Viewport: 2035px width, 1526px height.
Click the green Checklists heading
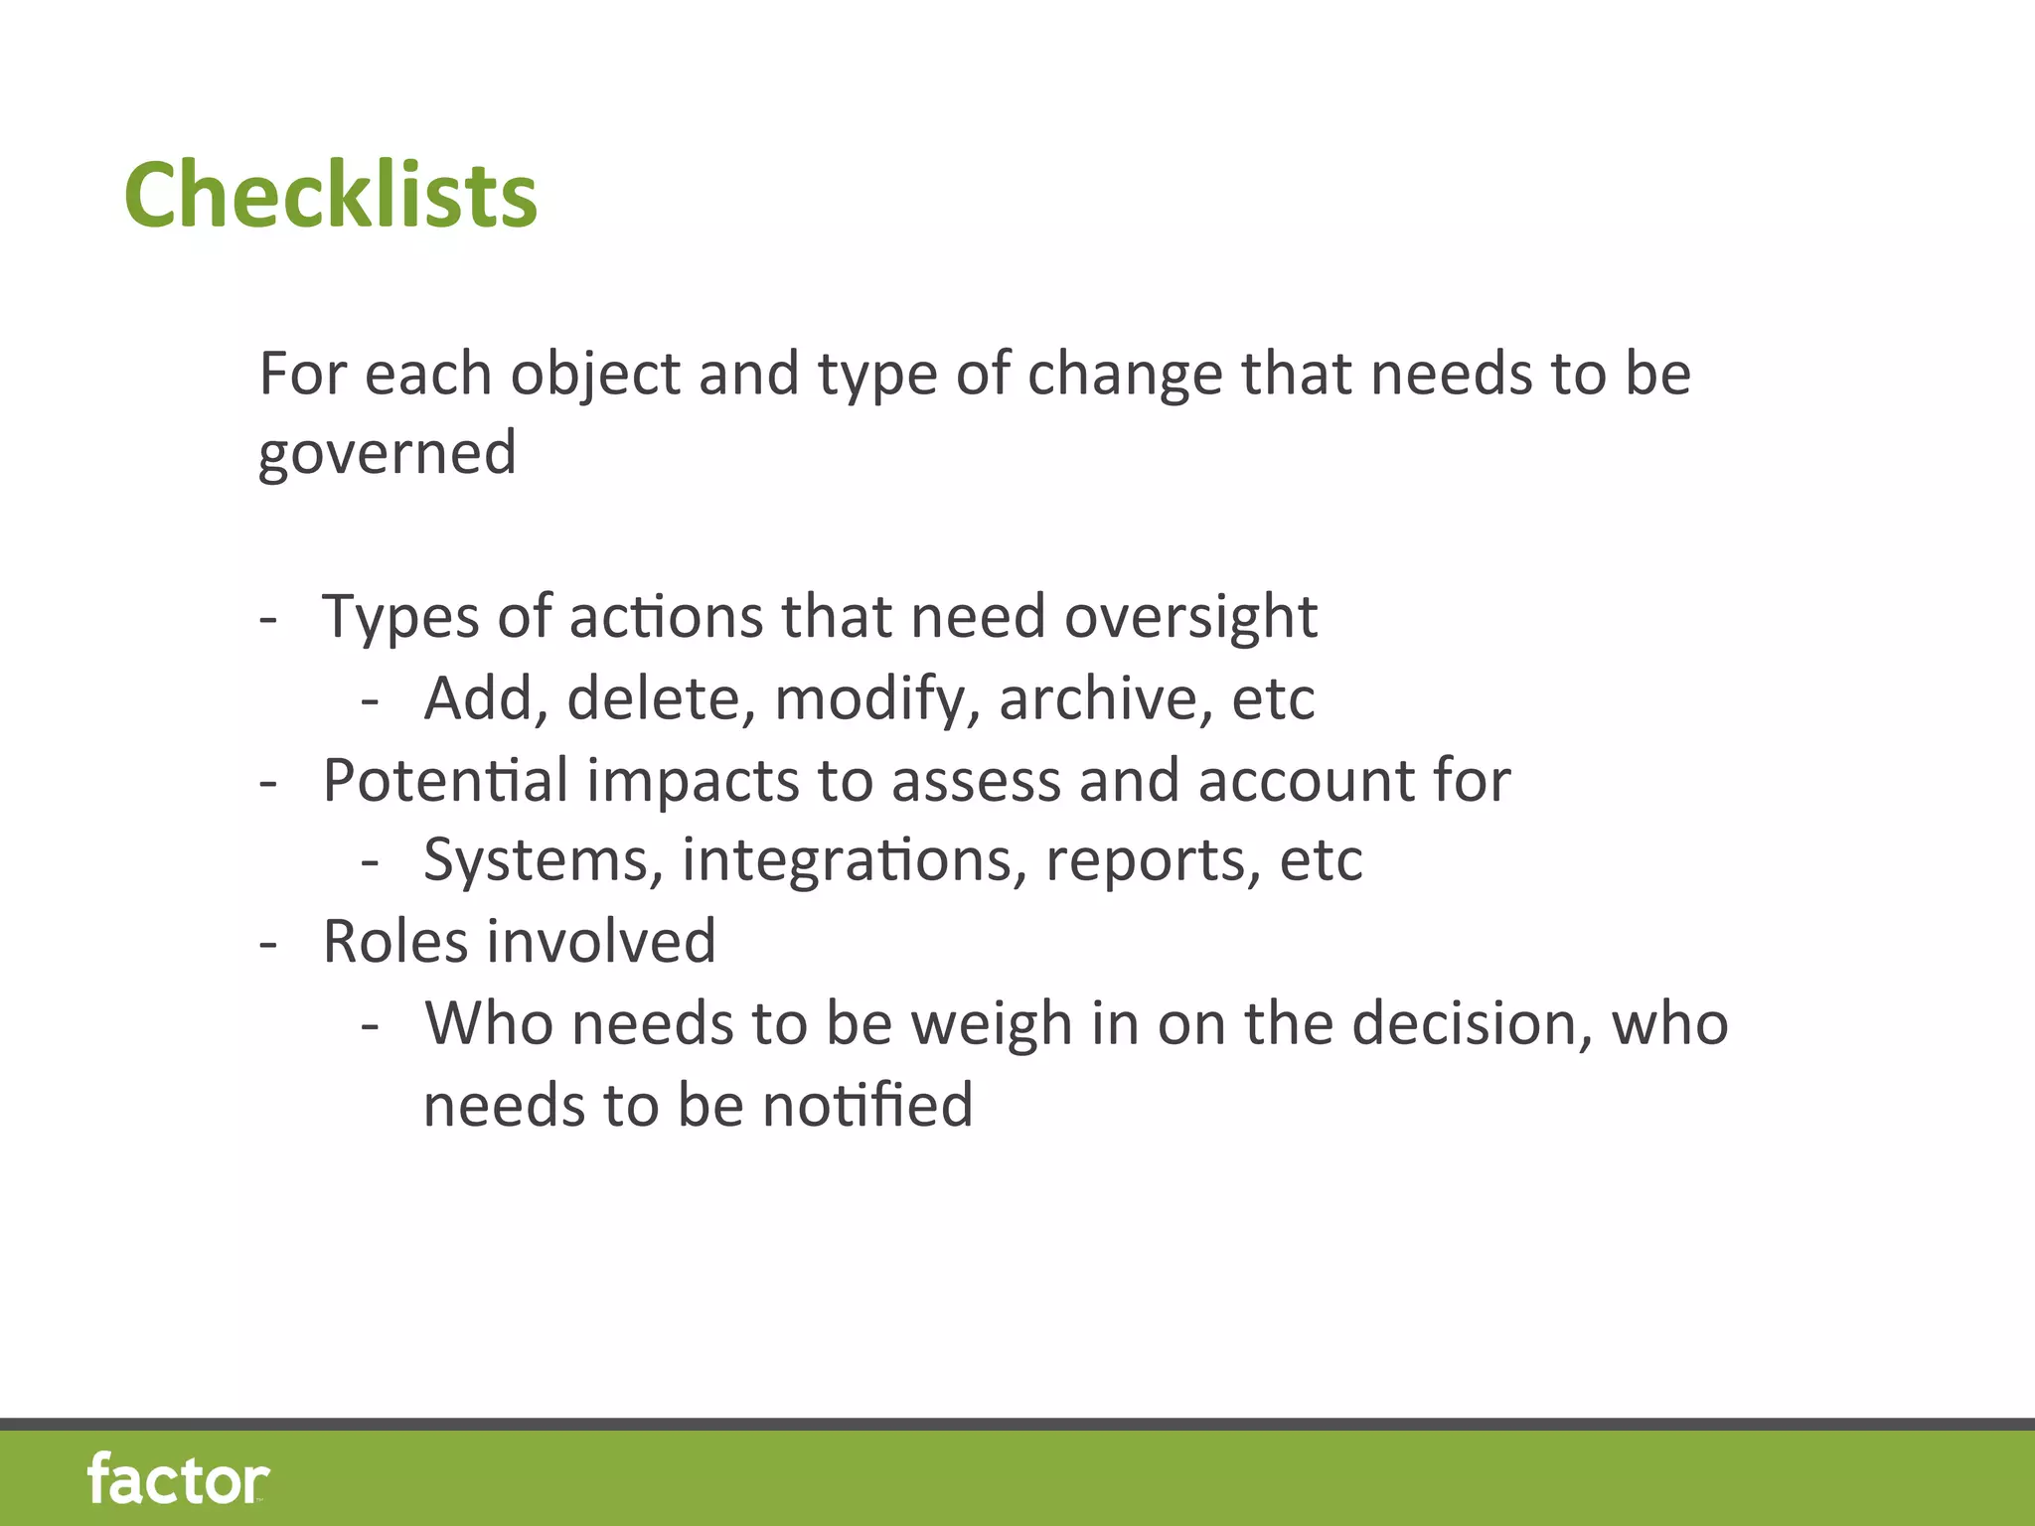tap(330, 195)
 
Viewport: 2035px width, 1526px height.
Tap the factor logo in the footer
tap(178, 1479)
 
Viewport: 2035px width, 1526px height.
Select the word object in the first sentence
tap(594, 376)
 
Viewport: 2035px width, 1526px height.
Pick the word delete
tap(654, 697)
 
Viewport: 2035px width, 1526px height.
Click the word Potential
tap(445, 780)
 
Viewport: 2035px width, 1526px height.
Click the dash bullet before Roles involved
tap(266, 944)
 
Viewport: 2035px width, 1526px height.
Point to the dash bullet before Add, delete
tap(370, 701)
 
